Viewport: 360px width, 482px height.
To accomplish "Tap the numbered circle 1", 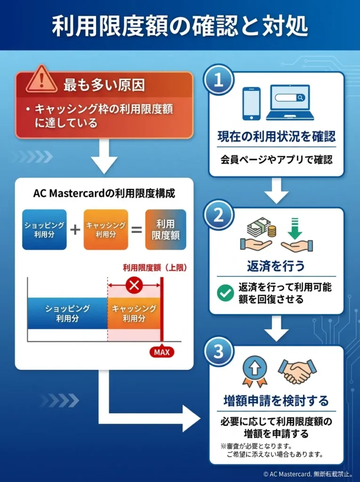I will (x=218, y=80).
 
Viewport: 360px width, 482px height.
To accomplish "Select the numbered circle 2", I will (x=218, y=215).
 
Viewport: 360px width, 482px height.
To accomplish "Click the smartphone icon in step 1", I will (x=251, y=104).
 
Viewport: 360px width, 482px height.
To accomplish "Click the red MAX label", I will (x=161, y=352).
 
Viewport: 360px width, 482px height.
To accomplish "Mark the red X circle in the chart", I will (x=135, y=285).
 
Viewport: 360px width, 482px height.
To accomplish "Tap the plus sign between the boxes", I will (x=75, y=229).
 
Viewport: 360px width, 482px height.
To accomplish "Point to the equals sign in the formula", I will (x=137, y=229).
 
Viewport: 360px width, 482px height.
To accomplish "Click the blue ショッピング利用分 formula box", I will (x=44, y=229).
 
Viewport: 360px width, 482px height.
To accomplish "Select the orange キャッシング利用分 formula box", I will (x=106, y=229).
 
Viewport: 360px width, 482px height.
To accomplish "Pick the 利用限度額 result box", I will (x=166, y=229).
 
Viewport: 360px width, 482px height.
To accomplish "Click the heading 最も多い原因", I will (x=104, y=86).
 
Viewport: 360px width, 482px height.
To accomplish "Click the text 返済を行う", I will (x=276, y=266).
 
